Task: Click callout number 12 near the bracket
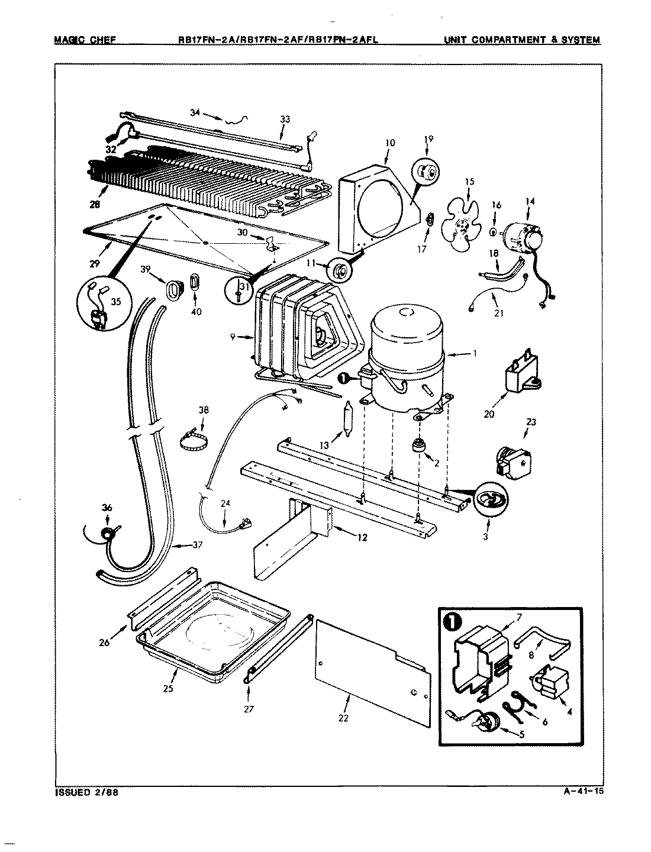[362, 538]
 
